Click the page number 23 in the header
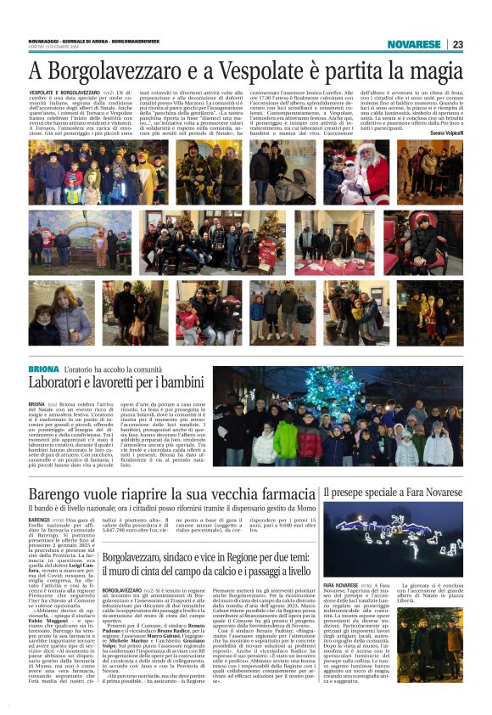456,44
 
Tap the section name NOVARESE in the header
415,44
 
